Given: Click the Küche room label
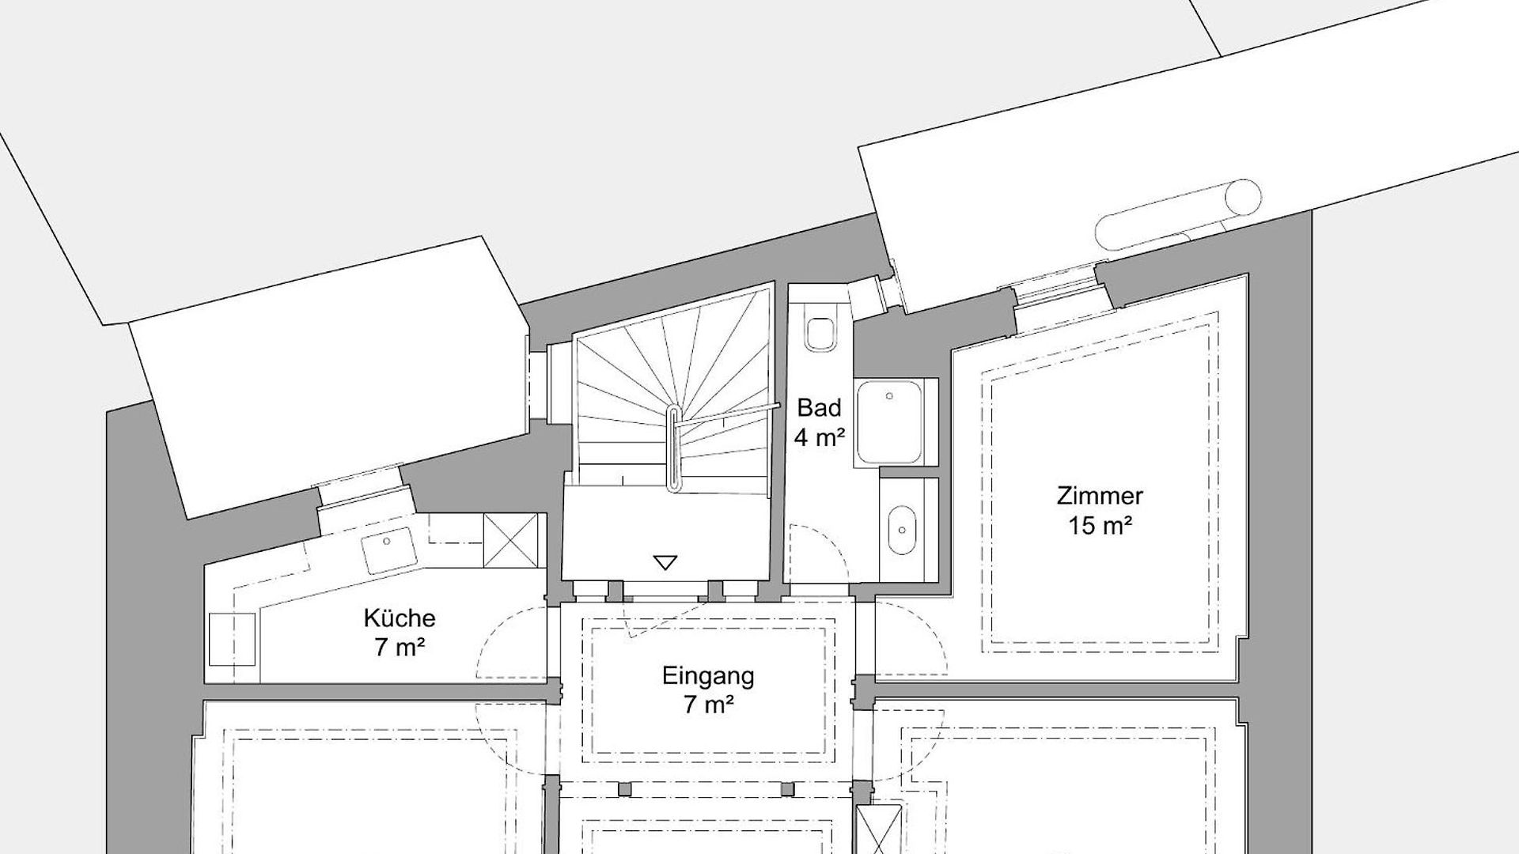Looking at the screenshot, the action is pyautogui.click(x=400, y=617).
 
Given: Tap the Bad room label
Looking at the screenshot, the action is pyautogui.click(x=819, y=408).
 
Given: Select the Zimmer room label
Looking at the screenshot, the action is pyautogui.click(x=1100, y=497).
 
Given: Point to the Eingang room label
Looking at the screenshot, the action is pyautogui.click(x=708, y=676).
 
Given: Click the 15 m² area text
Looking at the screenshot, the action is pyautogui.click(x=1100, y=526).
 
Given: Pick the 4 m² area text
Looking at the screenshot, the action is pyautogui.click(x=820, y=437).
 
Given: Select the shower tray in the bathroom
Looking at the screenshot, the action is pyautogui.click(x=890, y=422).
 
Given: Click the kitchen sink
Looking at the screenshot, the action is pyautogui.click(x=388, y=550).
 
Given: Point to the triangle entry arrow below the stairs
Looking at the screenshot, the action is pyautogui.click(x=665, y=563).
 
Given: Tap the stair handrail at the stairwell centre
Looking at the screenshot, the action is pyautogui.click(x=673, y=448).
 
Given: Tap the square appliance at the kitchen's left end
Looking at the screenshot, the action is pyautogui.click(x=233, y=639).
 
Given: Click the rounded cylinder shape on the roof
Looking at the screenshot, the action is pyautogui.click(x=1179, y=214).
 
